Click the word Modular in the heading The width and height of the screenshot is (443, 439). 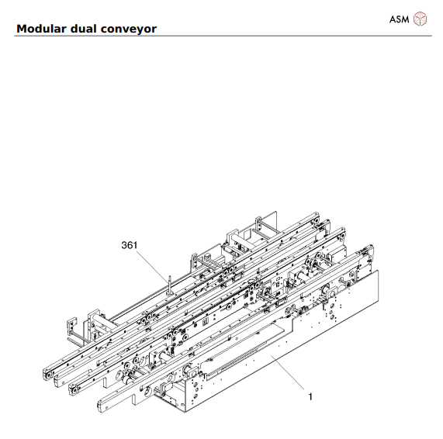pyautogui.click(x=40, y=29)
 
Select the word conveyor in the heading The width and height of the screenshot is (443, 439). pyautogui.click(x=130, y=29)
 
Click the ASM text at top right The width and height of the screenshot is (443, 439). pyautogui.click(x=399, y=17)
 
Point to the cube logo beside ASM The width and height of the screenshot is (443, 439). pyautogui.click(x=421, y=17)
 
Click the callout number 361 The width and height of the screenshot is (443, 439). pyautogui.click(x=130, y=245)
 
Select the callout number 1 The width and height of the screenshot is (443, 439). pyautogui.click(x=310, y=396)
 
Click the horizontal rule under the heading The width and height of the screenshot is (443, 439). pyautogui.click(x=221, y=36)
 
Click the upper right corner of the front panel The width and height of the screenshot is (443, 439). pyautogui.click(x=377, y=272)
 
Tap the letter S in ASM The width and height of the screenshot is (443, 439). pyautogui.click(x=398, y=17)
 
